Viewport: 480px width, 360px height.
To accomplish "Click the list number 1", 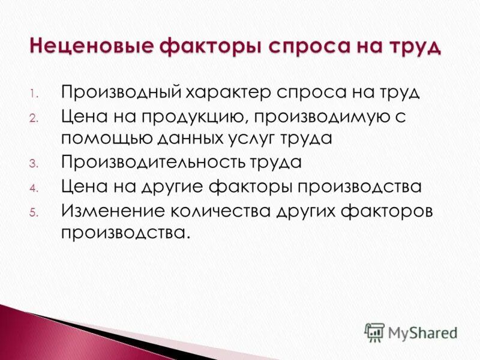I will pos(34,95).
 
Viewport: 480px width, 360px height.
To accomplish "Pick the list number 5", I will pos(34,212).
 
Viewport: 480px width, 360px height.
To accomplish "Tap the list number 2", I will pos(34,118).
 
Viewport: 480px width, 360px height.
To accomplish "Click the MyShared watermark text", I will pos(422,332).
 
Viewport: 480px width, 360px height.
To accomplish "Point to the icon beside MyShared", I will pos(374,332).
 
